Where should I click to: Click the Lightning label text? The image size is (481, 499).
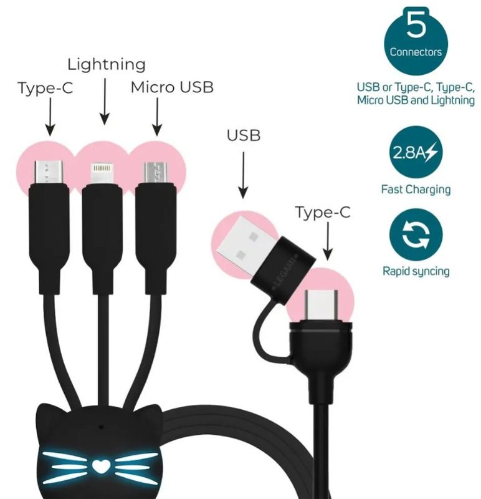click(106, 64)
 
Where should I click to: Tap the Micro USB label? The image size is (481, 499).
click(171, 87)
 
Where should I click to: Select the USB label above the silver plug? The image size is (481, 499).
click(243, 135)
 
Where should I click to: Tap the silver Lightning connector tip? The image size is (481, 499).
click(102, 173)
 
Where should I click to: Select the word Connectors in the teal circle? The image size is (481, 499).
click(416, 52)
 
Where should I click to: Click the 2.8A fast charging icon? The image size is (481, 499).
click(416, 152)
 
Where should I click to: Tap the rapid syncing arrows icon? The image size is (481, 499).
click(416, 236)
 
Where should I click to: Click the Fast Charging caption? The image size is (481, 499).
click(416, 189)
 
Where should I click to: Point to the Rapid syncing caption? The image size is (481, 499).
click(416, 271)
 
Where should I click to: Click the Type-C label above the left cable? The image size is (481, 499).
click(45, 88)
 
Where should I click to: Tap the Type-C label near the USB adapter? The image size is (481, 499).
click(323, 213)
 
